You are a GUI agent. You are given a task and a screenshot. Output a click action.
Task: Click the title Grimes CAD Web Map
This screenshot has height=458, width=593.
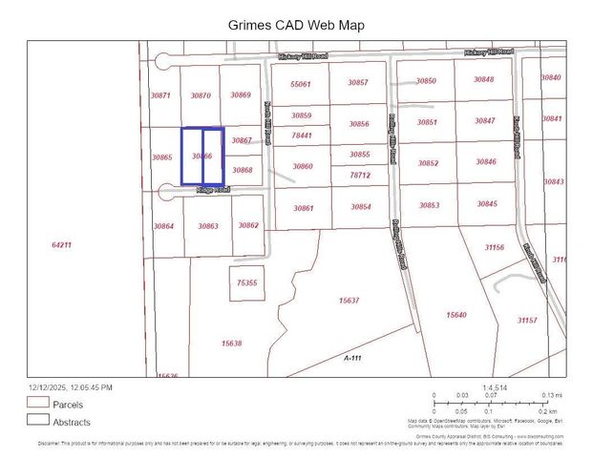point(296,25)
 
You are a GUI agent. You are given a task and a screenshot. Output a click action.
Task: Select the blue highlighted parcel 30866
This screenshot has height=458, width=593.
point(201,156)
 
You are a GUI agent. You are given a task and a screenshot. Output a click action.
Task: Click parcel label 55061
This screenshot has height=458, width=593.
point(301,84)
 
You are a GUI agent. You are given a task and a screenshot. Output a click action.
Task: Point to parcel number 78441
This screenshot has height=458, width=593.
point(302,135)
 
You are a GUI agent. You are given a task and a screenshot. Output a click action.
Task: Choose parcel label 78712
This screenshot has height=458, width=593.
point(359,176)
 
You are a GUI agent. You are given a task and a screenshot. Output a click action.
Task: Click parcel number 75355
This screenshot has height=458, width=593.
point(246,283)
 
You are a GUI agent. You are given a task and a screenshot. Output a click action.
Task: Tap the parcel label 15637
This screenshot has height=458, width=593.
point(349,301)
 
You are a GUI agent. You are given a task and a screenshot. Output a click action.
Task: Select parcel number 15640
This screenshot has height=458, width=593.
point(456,315)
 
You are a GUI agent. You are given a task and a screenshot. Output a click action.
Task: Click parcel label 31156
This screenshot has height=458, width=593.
point(494,247)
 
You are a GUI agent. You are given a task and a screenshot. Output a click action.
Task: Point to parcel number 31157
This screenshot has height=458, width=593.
point(526,321)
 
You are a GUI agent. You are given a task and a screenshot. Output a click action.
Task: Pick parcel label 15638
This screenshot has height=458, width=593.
point(231,343)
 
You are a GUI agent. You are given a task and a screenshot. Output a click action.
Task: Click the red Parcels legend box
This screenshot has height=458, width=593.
point(37,404)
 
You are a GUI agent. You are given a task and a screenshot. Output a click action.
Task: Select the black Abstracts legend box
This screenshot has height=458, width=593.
point(37,420)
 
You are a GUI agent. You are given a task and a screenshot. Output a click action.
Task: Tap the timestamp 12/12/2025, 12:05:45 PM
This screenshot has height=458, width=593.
point(71,387)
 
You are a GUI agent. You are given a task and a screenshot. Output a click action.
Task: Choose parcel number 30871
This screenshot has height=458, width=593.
point(160,95)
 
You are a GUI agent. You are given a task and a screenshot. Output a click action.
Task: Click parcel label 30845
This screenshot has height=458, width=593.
point(487,204)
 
